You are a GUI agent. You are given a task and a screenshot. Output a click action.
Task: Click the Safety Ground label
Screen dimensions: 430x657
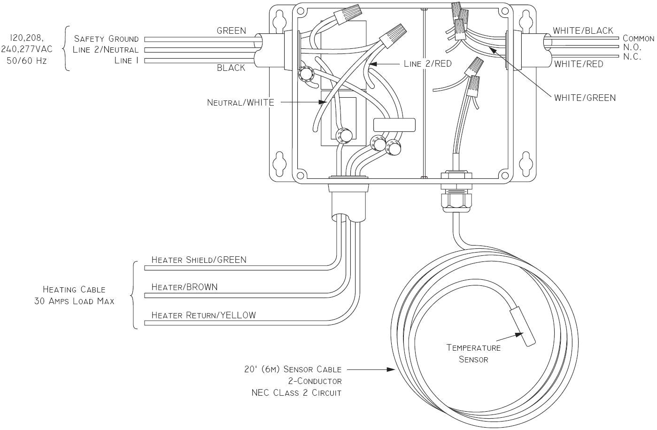point(106,39)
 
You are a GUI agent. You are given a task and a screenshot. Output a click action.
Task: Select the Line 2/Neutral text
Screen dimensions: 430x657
point(106,50)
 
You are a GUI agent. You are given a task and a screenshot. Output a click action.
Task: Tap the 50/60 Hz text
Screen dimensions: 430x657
point(27,61)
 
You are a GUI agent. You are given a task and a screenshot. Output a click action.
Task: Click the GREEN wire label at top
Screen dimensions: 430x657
point(231,31)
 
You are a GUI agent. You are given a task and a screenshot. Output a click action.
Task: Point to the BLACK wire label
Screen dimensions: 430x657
point(231,68)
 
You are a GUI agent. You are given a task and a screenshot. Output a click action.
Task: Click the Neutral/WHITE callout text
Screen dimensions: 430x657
point(240,102)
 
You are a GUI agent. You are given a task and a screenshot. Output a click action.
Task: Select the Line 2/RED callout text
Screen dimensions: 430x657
point(427,63)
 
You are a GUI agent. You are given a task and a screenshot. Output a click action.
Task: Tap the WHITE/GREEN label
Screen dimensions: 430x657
point(585,98)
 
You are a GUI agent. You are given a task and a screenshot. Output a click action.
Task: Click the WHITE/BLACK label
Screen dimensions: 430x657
point(583,31)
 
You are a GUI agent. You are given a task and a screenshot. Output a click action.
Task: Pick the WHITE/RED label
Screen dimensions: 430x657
point(579,64)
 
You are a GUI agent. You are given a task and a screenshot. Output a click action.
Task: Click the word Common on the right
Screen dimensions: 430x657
point(638,38)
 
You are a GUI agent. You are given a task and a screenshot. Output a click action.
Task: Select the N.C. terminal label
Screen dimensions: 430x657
point(632,57)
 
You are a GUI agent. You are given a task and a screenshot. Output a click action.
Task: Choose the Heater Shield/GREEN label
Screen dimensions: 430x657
point(199,260)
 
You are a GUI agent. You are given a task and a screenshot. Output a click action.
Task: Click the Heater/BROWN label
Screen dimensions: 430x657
point(185,287)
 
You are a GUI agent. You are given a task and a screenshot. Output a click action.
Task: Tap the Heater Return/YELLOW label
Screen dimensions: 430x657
point(203,315)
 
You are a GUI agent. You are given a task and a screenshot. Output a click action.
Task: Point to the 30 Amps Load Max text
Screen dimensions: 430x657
point(74,301)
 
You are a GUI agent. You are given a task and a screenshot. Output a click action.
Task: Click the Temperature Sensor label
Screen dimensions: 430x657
point(473,353)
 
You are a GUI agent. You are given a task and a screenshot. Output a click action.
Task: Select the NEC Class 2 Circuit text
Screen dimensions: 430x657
point(296,393)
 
